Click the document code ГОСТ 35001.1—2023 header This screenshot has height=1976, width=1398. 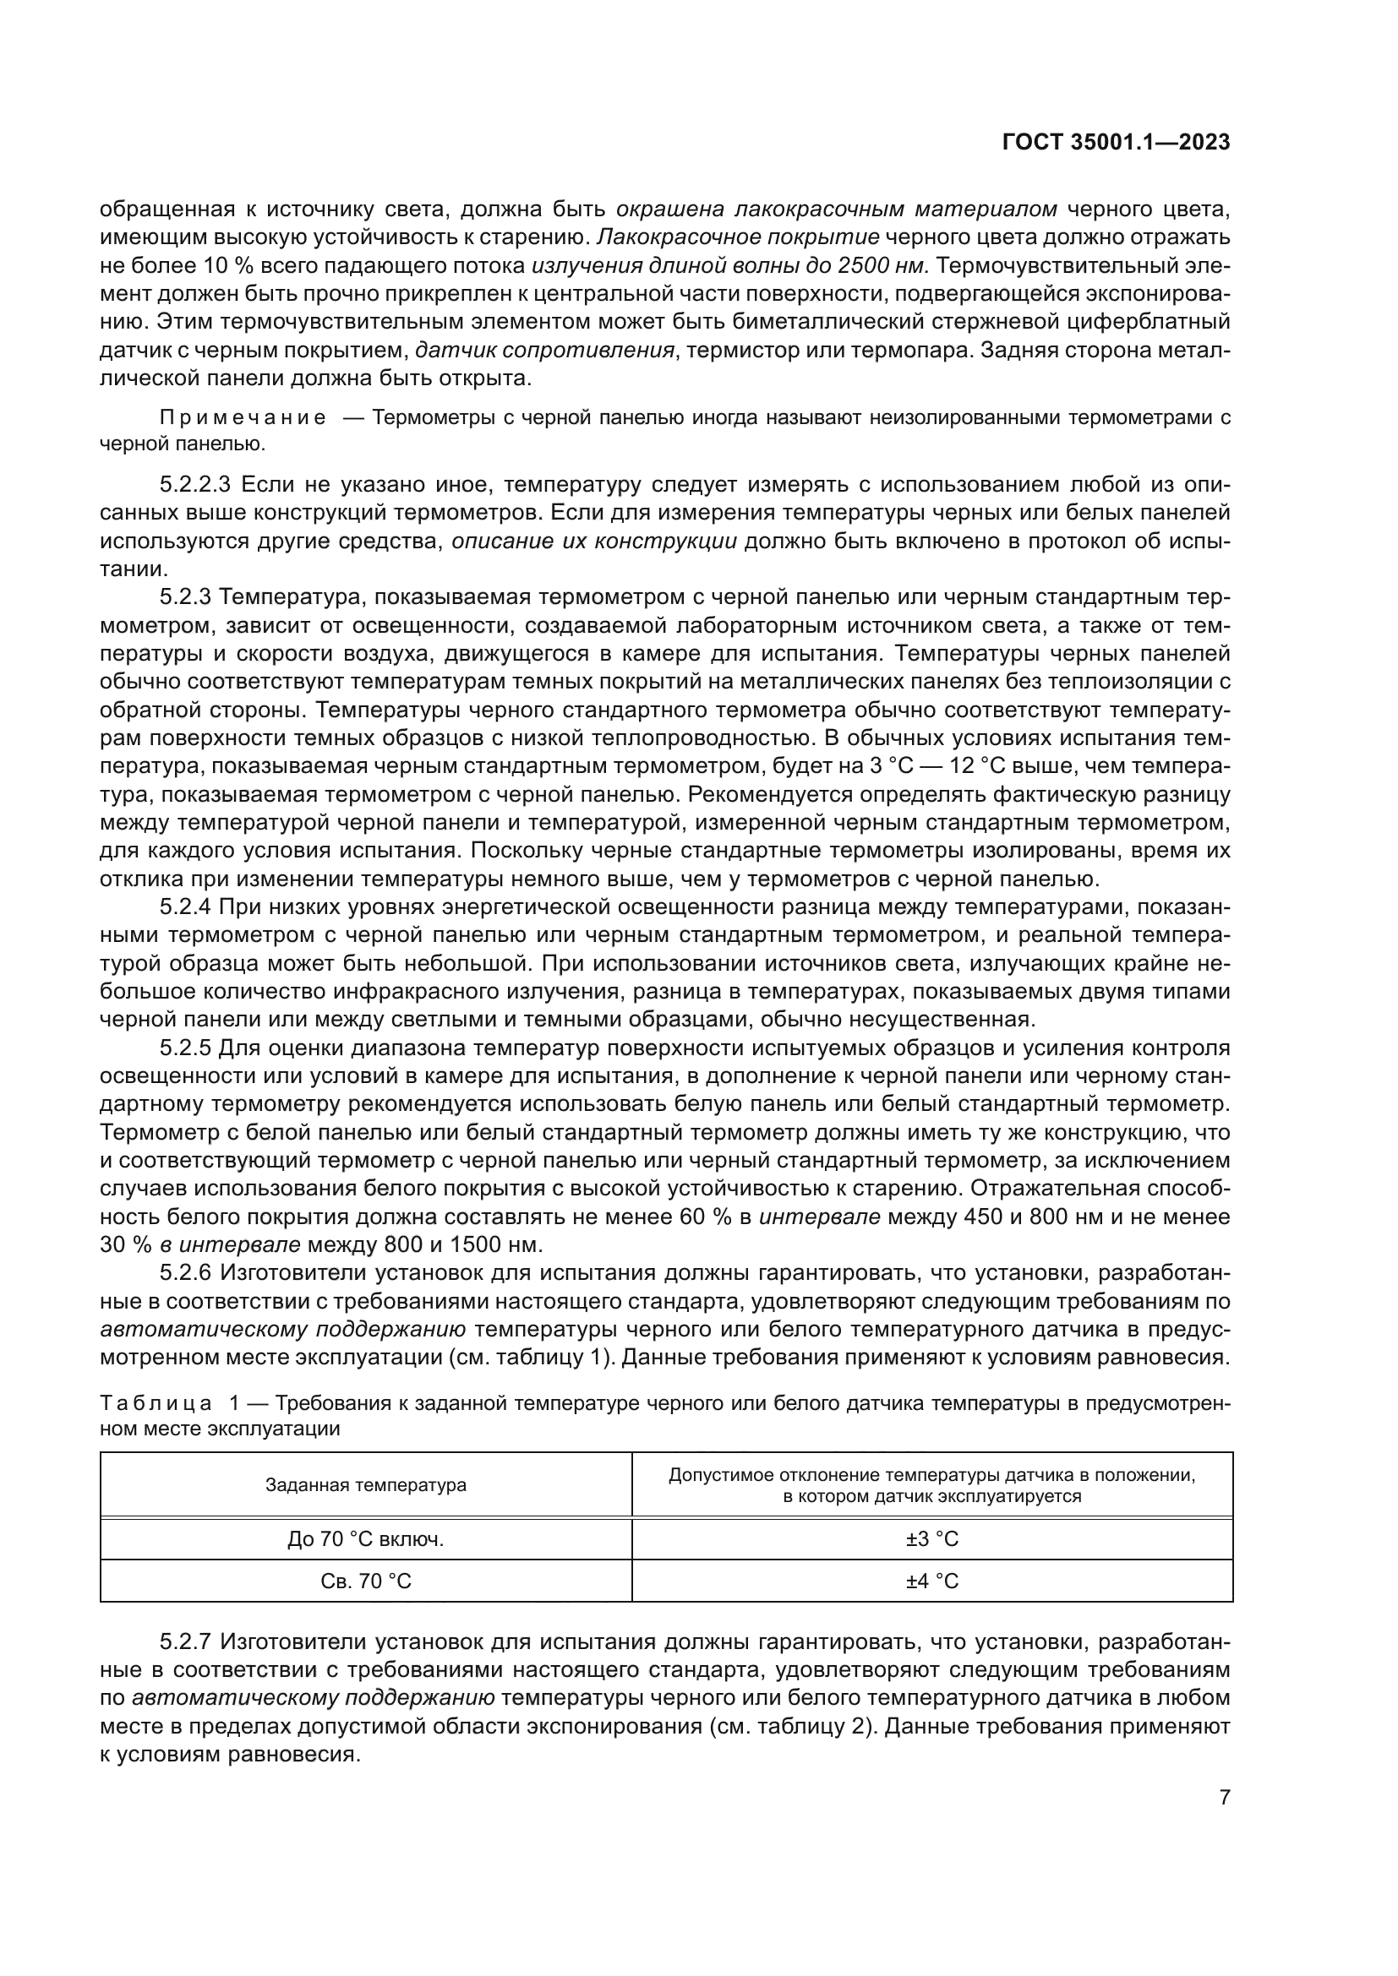click(1116, 143)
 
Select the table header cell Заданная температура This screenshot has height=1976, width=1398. click(366, 1484)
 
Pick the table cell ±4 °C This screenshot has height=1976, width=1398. click(931, 1581)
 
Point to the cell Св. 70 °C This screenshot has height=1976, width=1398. click(366, 1581)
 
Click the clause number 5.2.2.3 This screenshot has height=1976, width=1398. click(194, 485)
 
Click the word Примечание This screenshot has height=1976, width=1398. click(243, 418)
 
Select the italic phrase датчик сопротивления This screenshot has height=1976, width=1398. click(544, 351)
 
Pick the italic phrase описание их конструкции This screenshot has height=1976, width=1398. click(594, 542)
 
